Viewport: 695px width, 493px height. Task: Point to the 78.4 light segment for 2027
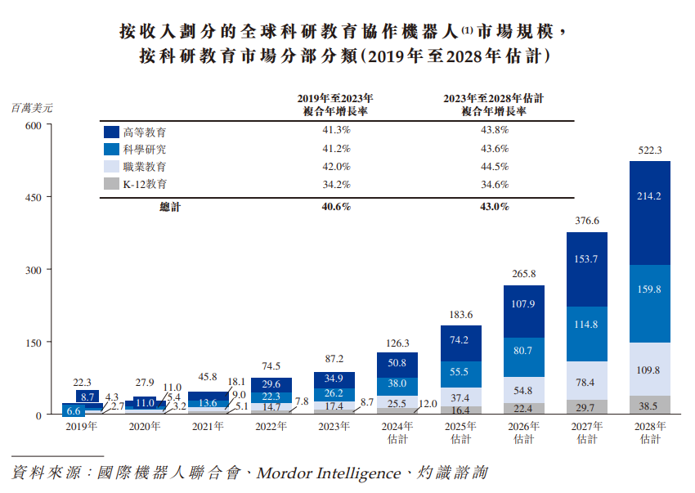point(586,382)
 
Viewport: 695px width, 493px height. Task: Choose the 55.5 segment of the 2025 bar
point(460,372)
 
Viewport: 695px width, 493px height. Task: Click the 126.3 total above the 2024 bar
point(397,343)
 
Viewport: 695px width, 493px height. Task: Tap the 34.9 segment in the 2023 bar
point(334,379)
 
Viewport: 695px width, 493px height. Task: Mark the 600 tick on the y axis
point(33,125)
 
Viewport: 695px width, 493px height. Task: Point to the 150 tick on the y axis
point(33,343)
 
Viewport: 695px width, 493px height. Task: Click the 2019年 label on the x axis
point(83,426)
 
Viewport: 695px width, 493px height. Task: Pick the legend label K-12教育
point(145,185)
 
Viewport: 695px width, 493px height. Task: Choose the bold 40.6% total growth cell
point(336,207)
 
